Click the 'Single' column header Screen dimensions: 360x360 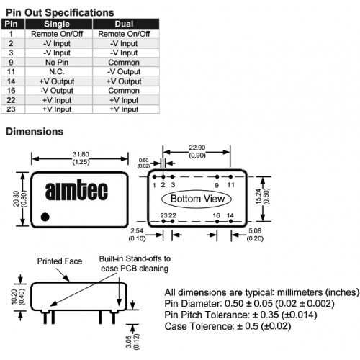click(57, 24)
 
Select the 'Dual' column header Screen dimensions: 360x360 click(124, 24)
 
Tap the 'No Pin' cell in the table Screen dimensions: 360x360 click(57, 63)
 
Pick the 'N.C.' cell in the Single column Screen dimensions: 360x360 click(57, 71)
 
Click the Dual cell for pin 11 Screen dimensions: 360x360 click(124, 71)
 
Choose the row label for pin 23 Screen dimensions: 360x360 click(11, 109)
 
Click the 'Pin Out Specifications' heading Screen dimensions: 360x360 click(60, 12)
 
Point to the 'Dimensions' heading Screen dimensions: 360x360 click(35, 132)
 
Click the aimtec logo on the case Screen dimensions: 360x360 click(76, 191)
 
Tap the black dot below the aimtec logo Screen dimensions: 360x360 click(45, 217)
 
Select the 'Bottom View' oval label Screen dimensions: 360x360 click(197, 199)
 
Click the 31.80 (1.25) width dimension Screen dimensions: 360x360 click(81, 158)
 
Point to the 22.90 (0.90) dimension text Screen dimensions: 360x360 click(197, 151)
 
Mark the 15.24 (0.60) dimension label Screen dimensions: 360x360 click(262, 197)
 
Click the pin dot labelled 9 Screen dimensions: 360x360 click(217, 177)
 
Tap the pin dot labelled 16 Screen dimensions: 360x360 click(217, 221)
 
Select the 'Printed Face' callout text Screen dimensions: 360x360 click(60, 261)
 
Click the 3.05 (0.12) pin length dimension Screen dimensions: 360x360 click(132, 341)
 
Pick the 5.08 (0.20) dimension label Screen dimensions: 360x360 click(255, 235)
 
